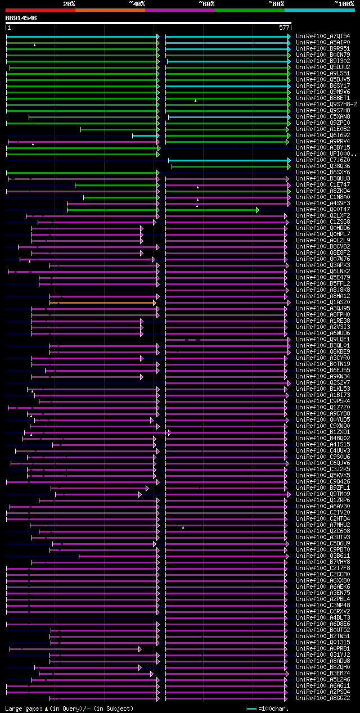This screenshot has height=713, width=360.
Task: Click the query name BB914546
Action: tap(21, 18)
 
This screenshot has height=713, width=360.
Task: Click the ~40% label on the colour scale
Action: tap(137, 4)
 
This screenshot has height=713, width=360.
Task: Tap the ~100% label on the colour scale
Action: tap(344, 4)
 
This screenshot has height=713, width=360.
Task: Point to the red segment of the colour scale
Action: tap(40, 10)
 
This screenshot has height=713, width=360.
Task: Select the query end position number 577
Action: tap(284, 28)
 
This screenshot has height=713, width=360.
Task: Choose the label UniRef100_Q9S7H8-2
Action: tap(325, 104)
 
